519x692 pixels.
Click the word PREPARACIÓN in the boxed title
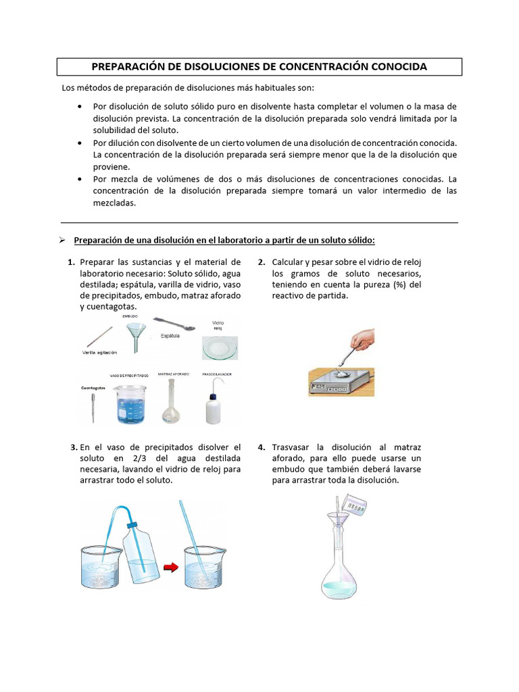click(x=128, y=66)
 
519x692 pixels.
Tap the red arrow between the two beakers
click(x=171, y=567)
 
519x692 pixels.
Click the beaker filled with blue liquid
click(x=130, y=404)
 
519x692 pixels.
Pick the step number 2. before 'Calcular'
click(x=262, y=262)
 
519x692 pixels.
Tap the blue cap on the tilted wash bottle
click(x=132, y=524)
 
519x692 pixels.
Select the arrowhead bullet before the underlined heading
click(x=61, y=240)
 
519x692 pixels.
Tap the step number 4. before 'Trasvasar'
click(x=262, y=447)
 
